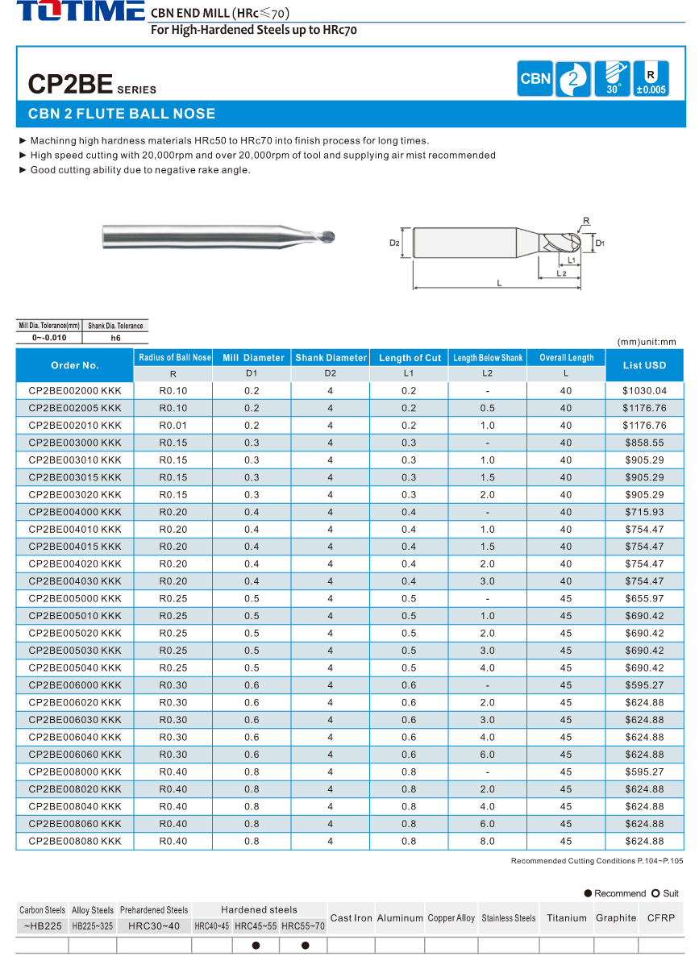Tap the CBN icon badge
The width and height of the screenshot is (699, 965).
coord(535,79)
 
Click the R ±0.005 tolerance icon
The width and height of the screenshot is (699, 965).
coord(651,79)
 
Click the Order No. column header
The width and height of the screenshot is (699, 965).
coord(75,365)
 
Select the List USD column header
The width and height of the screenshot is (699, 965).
coord(644,365)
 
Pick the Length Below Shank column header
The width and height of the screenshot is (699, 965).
coord(487,357)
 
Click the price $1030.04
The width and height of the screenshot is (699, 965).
coord(644,391)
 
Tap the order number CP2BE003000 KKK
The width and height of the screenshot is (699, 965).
coord(75,443)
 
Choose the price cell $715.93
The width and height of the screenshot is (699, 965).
coord(644,512)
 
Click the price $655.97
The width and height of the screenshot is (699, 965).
coord(644,599)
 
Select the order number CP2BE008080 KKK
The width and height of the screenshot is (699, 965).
coord(75,841)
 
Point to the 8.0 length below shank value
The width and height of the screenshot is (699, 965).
coord(487,841)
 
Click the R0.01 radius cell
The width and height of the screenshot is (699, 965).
coord(173,426)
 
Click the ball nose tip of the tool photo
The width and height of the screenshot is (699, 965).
coord(332,238)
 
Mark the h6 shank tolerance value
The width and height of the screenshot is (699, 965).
coord(115,338)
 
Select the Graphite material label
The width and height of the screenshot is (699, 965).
coord(616,917)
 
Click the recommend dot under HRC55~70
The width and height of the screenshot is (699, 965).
coord(305,946)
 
